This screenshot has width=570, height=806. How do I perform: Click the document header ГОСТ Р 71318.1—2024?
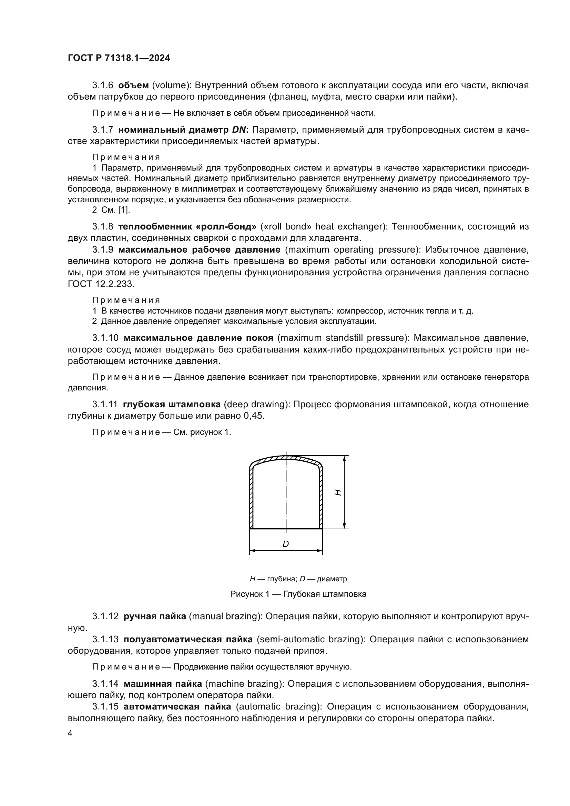pos(119,58)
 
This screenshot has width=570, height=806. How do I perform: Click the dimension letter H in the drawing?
pos(338,492)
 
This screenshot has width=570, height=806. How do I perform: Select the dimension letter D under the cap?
pos(286,544)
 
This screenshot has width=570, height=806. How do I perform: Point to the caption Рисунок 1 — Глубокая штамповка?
pos(298,594)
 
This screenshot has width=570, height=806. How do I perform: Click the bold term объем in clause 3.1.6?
pos(133,85)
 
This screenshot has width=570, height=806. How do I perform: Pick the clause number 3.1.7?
pos(102,130)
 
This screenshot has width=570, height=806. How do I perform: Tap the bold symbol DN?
pos(240,130)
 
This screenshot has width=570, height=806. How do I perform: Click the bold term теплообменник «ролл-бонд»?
pos(187,226)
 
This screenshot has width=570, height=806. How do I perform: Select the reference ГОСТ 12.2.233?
pos(101,284)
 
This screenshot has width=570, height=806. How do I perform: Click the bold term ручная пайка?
pos(155,616)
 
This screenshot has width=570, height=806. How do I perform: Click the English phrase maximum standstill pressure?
pos(343,338)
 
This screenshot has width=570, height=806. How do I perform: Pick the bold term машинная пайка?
pos(163,683)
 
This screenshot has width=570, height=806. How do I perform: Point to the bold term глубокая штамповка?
pos(172,405)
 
